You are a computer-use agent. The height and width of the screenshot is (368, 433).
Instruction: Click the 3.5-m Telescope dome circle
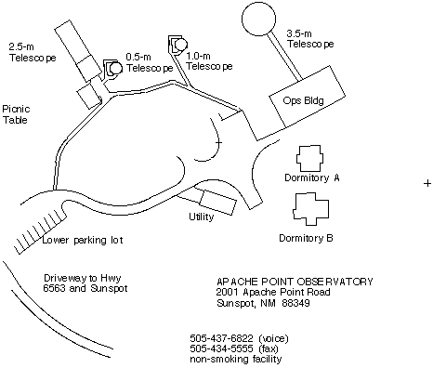point(258,6)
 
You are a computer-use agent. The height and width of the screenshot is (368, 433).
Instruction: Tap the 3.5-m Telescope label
point(310,39)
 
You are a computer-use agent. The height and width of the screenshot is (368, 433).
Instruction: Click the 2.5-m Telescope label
point(33,53)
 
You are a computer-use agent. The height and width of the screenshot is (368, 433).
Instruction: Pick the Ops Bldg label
point(303,100)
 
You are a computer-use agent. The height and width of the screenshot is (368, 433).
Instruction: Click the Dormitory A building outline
point(297,158)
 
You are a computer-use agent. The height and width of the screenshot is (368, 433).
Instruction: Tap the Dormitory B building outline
point(294,209)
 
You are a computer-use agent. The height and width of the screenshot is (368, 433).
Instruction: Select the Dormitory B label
point(306,238)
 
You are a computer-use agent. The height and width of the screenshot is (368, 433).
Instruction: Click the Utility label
point(202,217)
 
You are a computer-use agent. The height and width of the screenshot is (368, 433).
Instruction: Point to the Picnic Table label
point(16,114)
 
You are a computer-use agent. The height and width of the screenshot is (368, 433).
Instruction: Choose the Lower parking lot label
point(83,240)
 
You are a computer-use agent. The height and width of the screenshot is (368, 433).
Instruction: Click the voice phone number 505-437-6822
point(221,337)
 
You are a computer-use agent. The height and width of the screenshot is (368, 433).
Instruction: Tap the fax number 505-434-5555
point(221,348)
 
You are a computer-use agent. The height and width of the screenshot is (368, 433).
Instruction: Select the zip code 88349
point(295,303)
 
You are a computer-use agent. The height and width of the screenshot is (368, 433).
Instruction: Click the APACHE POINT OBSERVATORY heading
point(295,282)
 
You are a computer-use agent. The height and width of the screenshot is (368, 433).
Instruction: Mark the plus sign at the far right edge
point(427,183)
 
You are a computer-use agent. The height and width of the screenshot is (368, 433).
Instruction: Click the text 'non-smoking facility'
point(236,360)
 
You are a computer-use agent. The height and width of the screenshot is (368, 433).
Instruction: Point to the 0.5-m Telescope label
point(150,62)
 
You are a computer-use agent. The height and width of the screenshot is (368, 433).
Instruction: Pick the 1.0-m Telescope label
point(209,61)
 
